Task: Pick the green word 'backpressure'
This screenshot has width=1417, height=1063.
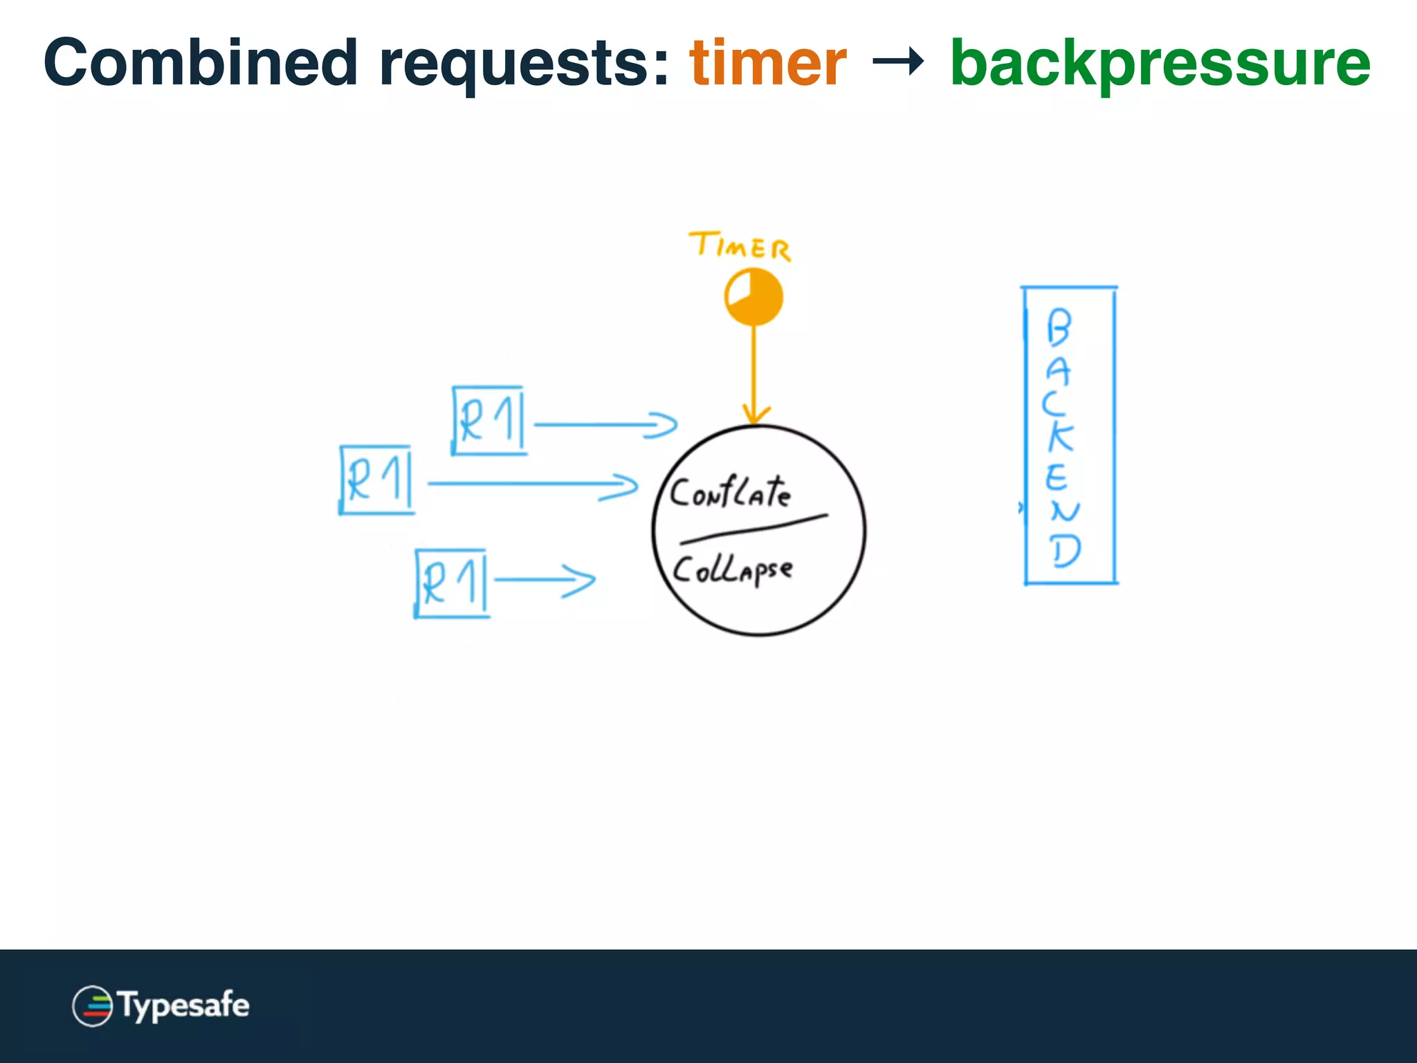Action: (1160, 64)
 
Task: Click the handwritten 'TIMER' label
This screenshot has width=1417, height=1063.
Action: (740, 246)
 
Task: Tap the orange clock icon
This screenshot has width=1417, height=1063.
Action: (753, 297)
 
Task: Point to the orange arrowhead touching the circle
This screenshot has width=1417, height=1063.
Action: (755, 415)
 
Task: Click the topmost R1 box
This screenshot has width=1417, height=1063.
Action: (488, 420)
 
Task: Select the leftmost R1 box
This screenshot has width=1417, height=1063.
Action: (376, 480)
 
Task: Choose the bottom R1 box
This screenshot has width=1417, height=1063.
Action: (452, 583)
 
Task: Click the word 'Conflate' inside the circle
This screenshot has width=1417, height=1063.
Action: (730, 493)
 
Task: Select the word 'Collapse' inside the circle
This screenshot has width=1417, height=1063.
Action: (732, 570)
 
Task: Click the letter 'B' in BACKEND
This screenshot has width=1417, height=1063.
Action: (1059, 327)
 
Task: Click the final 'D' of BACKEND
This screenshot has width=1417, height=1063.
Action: (1065, 552)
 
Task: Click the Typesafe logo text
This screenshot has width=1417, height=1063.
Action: (183, 1005)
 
